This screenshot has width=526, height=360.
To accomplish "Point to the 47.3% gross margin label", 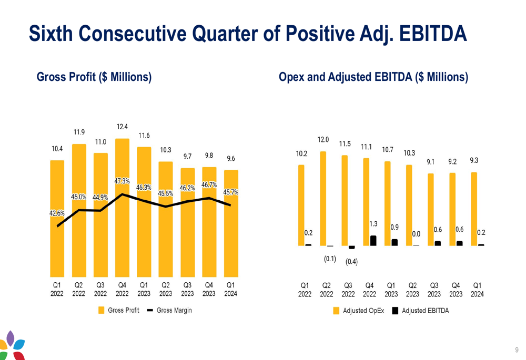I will pyautogui.click(x=122, y=181).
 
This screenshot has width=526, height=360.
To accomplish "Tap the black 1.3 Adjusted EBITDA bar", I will pyautogui.click(x=373, y=241).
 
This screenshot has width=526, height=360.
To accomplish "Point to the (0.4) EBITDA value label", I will pyautogui.click(x=352, y=261).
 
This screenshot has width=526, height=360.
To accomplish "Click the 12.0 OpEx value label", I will pyautogui.click(x=323, y=140).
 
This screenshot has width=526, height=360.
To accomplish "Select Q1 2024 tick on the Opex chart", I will pyautogui.click(x=477, y=290).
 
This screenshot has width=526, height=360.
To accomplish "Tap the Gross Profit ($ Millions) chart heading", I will pyautogui.click(x=94, y=77).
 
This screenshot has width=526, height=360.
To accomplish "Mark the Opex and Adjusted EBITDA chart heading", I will pyautogui.click(x=373, y=77).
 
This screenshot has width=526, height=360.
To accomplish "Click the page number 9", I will pyautogui.click(x=517, y=349).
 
